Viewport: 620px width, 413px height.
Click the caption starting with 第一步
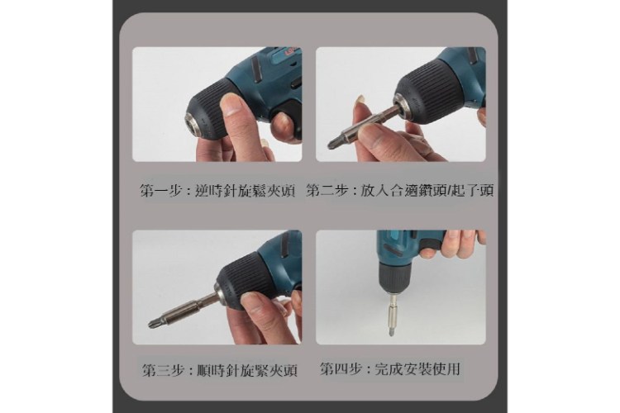218,192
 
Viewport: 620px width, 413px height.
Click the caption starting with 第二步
400,191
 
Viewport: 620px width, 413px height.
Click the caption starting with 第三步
219,371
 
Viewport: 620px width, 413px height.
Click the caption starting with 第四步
390,369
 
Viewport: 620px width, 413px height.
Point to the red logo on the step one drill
292,52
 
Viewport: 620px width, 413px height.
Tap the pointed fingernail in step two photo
360,101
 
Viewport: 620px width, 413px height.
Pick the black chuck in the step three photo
241,281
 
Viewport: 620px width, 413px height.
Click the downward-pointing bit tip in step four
391,333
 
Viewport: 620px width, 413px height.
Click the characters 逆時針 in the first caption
218,192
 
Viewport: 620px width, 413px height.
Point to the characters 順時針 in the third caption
219,371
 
